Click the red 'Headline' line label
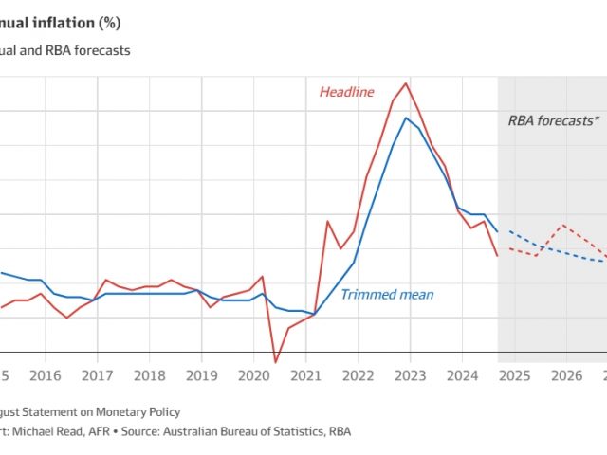(x=346, y=92)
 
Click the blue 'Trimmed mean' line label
(x=387, y=294)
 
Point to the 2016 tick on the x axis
(x=44, y=375)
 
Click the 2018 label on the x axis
(x=149, y=375)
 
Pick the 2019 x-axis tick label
(x=201, y=375)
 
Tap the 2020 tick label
(x=253, y=375)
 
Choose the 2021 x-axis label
(x=305, y=375)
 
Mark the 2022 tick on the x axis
(x=358, y=375)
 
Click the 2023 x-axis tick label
(x=410, y=375)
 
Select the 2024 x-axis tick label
(x=462, y=375)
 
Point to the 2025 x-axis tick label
(x=514, y=375)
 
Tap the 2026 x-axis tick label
(x=566, y=375)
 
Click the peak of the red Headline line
(x=406, y=83)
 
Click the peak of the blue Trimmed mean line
(x=406, y=118)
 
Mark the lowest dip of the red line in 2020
(x=275, y=362)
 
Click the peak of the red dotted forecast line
(x=563, y=225)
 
